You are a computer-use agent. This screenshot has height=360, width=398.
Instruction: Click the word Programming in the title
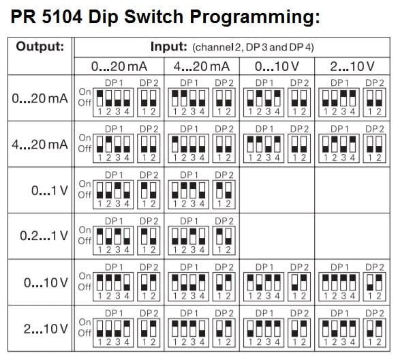[x=255, y=17]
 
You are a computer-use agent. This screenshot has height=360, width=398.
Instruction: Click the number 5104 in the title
[x=62, y=17]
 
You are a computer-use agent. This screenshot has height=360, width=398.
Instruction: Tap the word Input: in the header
[x=169, y=47]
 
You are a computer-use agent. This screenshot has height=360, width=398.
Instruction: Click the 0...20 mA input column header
[x=119, y=67]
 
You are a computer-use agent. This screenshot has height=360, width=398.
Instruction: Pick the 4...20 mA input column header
[x=202, y=67]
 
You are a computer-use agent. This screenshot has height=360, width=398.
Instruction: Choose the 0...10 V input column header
[x=277, y=67]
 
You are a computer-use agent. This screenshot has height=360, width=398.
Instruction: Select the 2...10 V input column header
[x=352, y=67]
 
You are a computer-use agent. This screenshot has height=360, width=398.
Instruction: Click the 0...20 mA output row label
[x=40, y=98]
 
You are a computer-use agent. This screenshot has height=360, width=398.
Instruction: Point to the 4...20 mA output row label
[x=40, y=145]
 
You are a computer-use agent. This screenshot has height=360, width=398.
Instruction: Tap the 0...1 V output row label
[x=50, y=190]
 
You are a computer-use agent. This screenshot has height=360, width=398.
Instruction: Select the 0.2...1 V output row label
[x=44, y=236]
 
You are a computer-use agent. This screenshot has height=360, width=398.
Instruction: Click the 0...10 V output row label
[x=46, y=282]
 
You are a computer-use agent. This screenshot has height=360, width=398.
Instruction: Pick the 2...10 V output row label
[x=46, y=329]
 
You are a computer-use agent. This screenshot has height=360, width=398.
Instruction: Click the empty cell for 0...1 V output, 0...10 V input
[x=277, y=190]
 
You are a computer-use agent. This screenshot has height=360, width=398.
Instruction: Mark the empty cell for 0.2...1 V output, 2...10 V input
[x=352, y=236]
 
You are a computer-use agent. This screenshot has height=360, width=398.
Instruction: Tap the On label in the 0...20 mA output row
[x=85, y=91]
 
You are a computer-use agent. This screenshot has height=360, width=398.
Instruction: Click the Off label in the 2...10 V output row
[x=85, y=333]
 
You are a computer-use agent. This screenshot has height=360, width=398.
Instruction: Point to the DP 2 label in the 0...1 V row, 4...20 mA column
[x=224, y=175]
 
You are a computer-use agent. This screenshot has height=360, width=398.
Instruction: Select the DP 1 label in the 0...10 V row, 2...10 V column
[x=339, y=267]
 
